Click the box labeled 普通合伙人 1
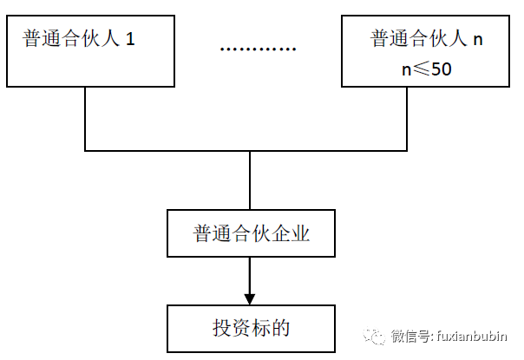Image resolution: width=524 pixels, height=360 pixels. (x=86, y=49)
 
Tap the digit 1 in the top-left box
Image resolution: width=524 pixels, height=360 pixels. (x=131, y=40)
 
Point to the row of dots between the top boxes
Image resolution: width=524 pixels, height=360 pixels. (x=258, y=49)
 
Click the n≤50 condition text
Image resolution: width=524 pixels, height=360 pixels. (x=426, y=69)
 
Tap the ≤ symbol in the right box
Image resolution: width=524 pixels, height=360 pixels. (x=421, y=69)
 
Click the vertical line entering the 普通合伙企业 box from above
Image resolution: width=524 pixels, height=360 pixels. (x=250, y=180)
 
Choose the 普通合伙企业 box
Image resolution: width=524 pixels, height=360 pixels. (x=251, y=233)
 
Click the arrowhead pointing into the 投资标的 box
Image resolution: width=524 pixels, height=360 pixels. (x=250, y=295)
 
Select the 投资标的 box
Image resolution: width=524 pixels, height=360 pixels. (x=251, y=327)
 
